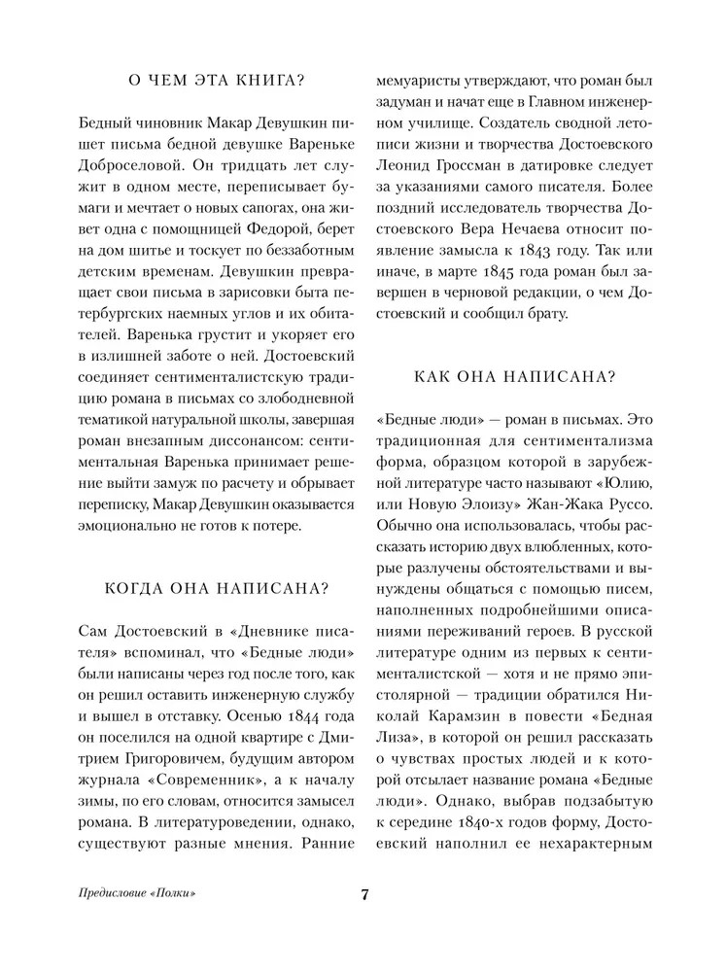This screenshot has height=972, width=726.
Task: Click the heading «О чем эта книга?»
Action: click(x=212, y=81)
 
